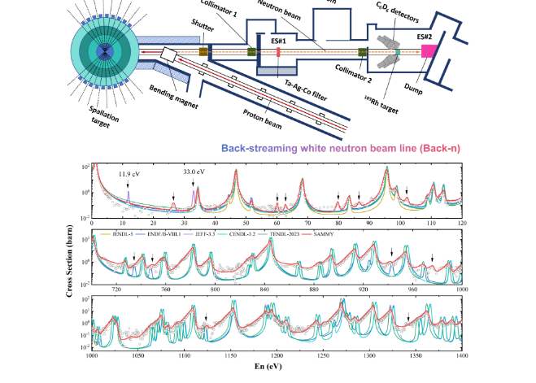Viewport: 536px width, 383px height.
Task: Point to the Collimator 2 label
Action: [x=343, y=72]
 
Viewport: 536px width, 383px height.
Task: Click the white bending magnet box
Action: [x=172, y=55]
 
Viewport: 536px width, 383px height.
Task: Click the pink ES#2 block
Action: [x=426, y=53]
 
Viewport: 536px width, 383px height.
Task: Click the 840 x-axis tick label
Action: [x=265, y=289]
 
